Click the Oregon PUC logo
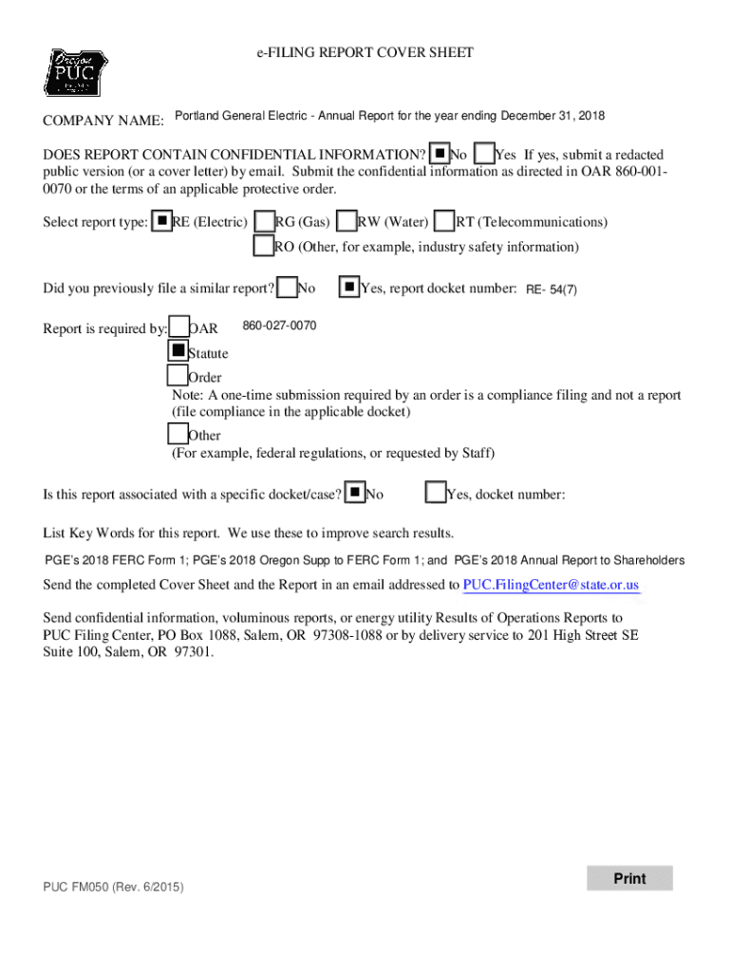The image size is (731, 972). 73,73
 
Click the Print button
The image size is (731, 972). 629,879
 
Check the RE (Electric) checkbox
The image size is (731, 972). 162,222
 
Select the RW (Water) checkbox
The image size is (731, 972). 347,222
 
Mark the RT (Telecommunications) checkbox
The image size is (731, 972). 443,222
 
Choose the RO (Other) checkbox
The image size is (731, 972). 263,247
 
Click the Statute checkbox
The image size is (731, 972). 178,350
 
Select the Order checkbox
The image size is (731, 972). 178,375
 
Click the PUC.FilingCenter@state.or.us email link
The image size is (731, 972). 551,585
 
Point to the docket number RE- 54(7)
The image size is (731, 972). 552,290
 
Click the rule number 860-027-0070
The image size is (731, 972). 279,327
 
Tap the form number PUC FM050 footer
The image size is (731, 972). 113,888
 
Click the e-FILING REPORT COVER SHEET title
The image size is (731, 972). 365,53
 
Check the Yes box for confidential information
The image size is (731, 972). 484,154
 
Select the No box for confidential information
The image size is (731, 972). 440,154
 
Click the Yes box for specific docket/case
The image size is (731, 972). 436,493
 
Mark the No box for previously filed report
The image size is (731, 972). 286,287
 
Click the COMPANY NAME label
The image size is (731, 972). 103,121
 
